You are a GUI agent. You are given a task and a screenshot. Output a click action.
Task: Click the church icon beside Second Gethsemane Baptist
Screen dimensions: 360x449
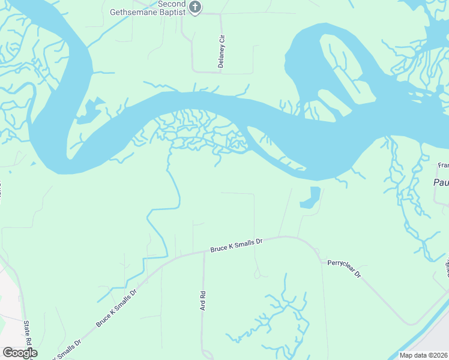point(194,7)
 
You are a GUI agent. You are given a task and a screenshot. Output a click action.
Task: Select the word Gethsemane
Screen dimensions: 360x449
point(130,11)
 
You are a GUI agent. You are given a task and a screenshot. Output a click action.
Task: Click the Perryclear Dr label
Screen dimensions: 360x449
point(344,268)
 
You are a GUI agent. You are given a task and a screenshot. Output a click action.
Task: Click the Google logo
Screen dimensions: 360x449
point(20,353)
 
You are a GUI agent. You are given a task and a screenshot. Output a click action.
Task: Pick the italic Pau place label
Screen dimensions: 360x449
point(441,182)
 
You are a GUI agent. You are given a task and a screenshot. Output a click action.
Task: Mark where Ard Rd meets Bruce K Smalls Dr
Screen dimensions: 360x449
point(204,252)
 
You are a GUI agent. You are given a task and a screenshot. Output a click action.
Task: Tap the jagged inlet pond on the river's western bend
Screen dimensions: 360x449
point(89,111)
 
